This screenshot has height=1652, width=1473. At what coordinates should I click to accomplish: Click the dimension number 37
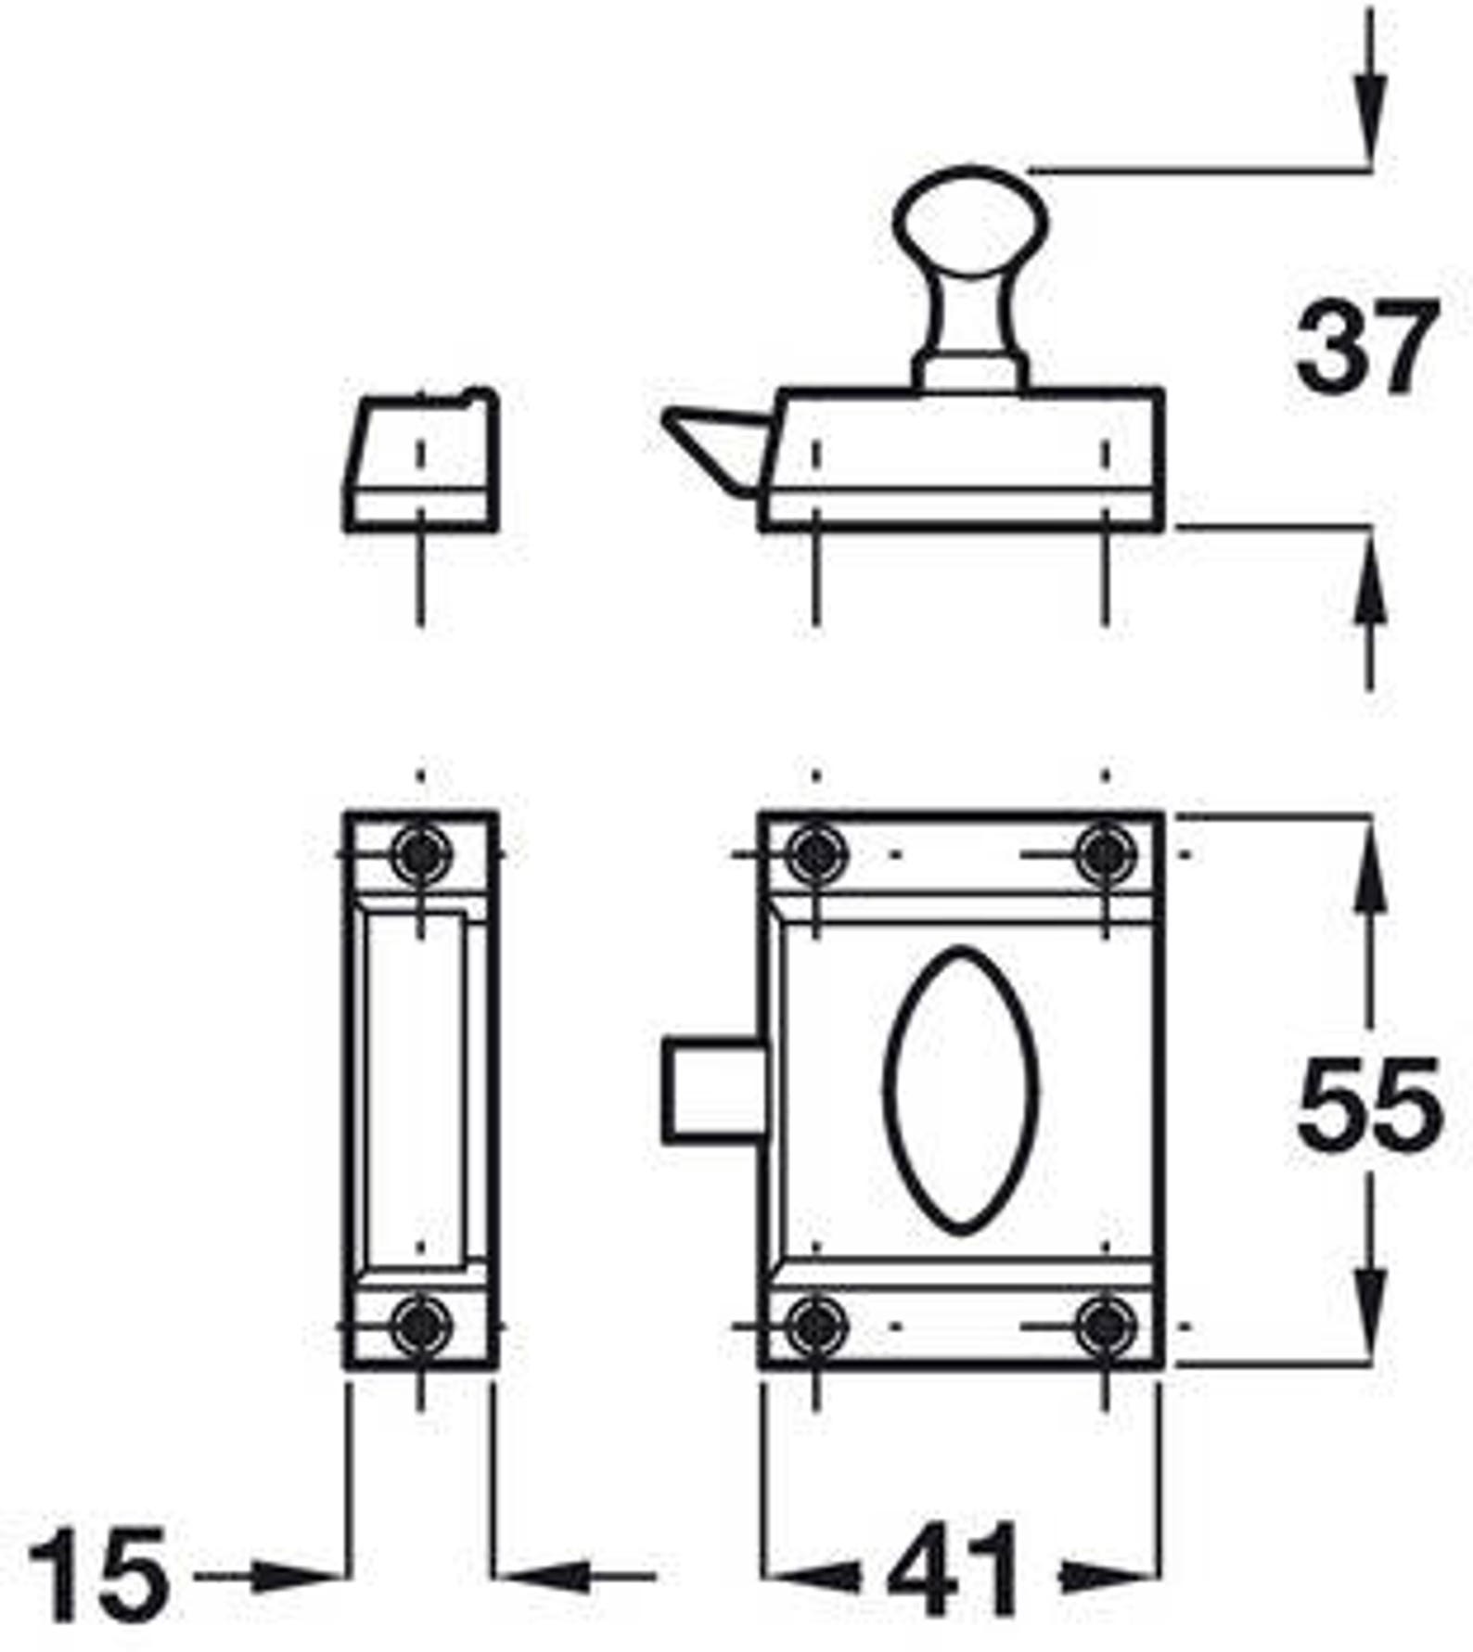tap(1366, 346)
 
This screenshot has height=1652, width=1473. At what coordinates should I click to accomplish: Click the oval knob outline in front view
tap(961, 1091)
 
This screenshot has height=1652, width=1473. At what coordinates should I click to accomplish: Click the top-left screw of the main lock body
tap(816, 853)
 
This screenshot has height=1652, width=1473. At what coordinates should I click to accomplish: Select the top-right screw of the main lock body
tap(1105, 853)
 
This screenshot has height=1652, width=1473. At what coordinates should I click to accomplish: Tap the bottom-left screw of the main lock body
tap(816, 1326)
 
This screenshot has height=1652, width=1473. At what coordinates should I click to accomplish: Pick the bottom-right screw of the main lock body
tap(1105, 1326)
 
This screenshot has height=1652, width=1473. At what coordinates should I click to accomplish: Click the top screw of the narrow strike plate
tap(421, 853)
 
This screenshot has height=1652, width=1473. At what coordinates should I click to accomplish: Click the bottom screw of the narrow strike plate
tap(421, 1326)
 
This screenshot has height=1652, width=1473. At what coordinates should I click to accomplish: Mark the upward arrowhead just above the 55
tap(1370, 881)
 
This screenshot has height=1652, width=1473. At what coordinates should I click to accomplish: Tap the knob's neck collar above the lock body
tap(970, 372)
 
